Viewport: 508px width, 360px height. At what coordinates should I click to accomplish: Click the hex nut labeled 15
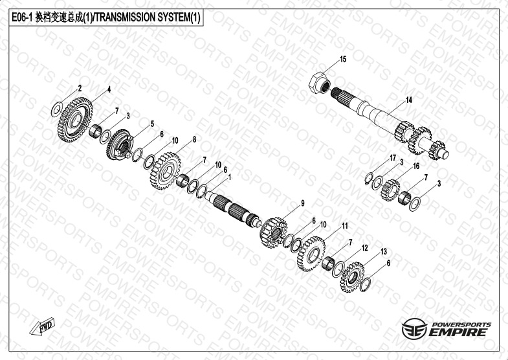[x=319, y=83]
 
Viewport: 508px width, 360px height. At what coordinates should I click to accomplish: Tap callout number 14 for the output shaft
[x=409, y=100]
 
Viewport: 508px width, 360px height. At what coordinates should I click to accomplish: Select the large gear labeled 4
[x=75, y=120]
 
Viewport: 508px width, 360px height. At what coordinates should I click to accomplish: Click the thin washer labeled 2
[x=57, y=109]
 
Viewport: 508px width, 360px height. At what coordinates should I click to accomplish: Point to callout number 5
[x=152, y=124]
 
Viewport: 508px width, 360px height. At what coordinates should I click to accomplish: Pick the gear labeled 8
[x=166, y=171]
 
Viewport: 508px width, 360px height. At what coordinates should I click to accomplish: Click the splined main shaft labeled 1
[x=233, y=209]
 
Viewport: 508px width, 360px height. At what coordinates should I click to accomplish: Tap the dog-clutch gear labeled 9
[x=273, y=232]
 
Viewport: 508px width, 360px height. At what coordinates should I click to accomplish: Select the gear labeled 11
[x=311, y=253]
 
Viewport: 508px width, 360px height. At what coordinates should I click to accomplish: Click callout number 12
[x=365, y=248]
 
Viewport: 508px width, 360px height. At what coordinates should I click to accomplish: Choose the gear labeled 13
[x=352, y=277]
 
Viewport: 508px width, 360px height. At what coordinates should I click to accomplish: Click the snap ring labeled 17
[x=369, y=178]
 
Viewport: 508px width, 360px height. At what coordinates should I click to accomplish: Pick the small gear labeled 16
[x=390, y=190]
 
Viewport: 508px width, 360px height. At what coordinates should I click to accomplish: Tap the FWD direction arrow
[x=43, y=326]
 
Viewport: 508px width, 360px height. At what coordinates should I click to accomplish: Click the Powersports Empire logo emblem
[x=414, y=328]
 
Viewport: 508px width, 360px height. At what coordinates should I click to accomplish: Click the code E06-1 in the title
[x=22, y=17]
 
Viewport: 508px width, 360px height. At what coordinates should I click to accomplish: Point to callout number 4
[x=109, y=90]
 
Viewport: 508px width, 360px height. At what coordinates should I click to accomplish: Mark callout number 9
[x=303, y=203]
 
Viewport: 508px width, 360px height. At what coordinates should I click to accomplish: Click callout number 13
[x=384, y=252]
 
